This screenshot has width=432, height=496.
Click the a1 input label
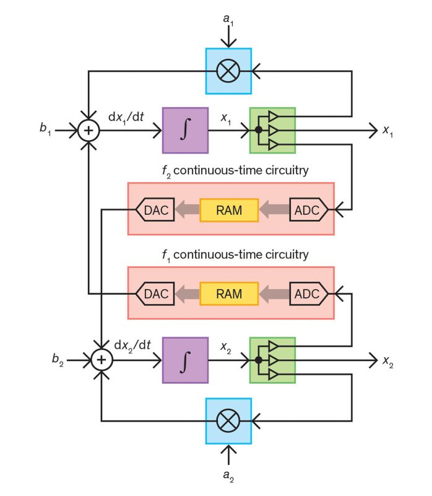229,20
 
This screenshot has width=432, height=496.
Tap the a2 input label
229,476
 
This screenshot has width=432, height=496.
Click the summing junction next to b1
89,130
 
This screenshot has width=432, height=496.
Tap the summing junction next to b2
101,359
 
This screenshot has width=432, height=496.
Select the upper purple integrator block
185,130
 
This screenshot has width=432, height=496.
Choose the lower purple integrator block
185,359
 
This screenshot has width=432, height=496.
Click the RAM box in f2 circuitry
228,210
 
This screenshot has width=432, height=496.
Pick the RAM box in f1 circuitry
228,294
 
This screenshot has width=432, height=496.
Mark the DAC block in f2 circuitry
155,210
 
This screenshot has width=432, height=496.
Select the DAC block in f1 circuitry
155,294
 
